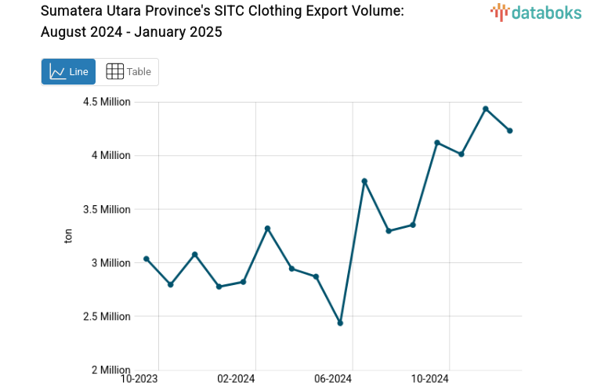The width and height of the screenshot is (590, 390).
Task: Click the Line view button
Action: point(68,72)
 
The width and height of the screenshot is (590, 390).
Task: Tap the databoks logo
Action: point(536,12)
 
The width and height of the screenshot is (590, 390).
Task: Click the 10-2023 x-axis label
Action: point(139,379)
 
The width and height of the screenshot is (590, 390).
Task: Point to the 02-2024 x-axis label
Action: point(236,379)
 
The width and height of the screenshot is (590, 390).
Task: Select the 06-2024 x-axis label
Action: point(333,379)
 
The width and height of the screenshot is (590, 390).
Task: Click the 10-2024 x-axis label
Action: point(429,379)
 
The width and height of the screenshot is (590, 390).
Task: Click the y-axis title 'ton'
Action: point(68,236)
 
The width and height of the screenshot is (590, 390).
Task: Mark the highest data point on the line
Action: point(486,109)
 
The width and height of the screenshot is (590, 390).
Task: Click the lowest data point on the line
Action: point(340,323)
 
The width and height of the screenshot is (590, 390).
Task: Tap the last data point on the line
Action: point(510,131)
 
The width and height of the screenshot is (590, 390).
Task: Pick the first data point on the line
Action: point(147,259)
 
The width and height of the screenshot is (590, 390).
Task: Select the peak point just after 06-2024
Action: point(364,181)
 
